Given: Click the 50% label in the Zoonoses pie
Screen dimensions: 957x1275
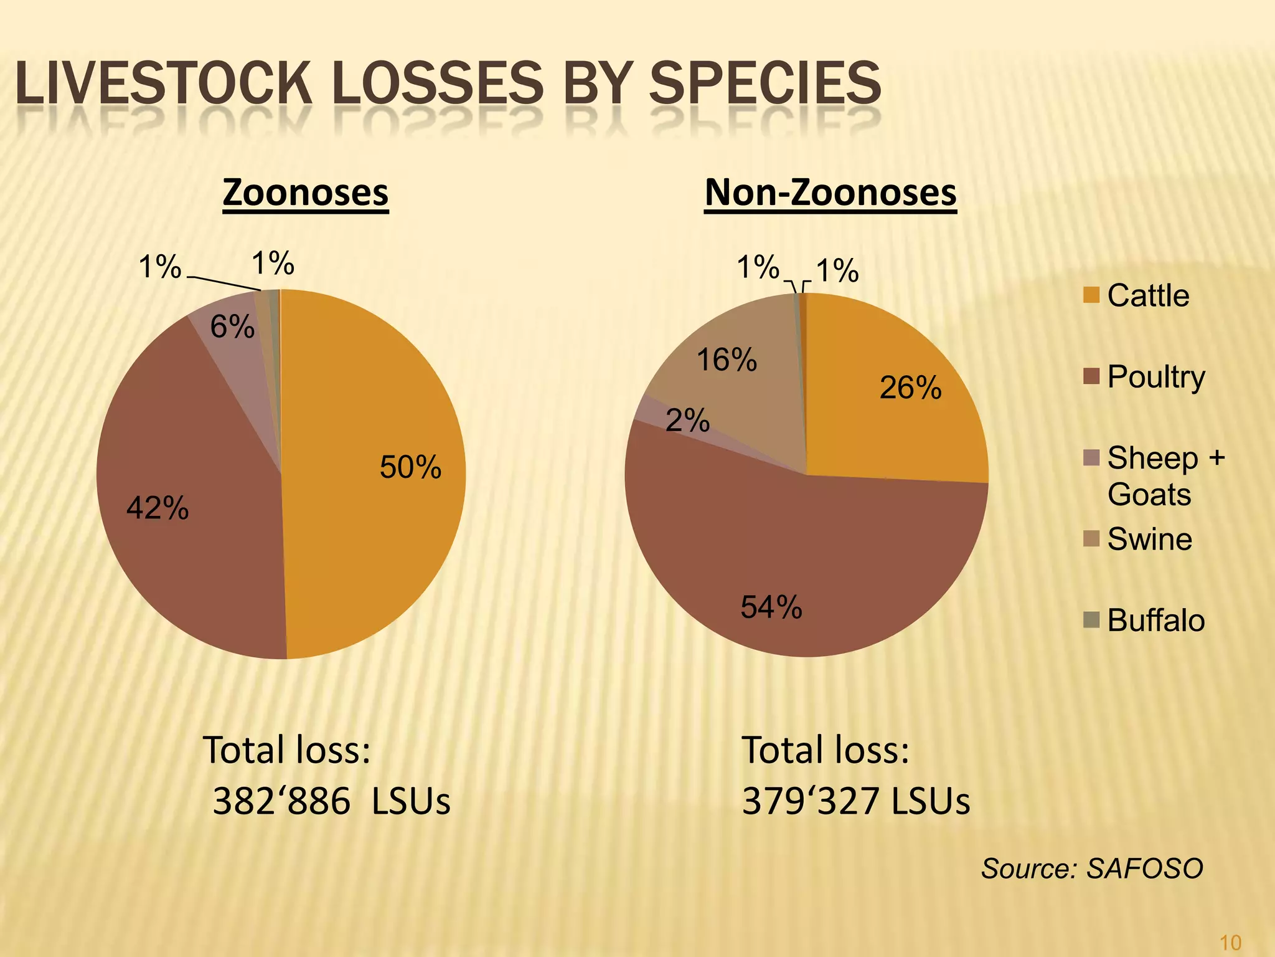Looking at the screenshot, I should point(410,467).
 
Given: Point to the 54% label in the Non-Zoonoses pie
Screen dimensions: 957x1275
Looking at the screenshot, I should point(771,607).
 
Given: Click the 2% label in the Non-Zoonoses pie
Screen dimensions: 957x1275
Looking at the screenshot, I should point(687,421).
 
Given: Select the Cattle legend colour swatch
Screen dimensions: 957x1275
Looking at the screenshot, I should point(1091,295).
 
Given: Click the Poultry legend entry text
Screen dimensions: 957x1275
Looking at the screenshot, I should point(1155,377).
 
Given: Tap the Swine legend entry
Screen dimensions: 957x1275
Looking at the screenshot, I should point(1149,539).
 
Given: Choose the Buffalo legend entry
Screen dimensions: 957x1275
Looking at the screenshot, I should point(1155,621).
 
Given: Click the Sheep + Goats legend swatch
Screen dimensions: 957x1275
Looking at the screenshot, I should point(1091,458).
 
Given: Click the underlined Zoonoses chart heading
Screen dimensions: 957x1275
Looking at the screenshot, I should point(305,193).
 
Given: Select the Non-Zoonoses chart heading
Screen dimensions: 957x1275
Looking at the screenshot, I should point(830,193).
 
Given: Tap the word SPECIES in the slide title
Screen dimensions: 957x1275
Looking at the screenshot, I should point(765,84).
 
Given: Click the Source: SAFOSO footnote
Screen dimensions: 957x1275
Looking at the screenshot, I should point(1091,869).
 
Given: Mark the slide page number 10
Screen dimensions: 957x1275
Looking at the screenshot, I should point(1231,942).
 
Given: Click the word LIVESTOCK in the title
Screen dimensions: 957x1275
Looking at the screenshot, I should point(163,84).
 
